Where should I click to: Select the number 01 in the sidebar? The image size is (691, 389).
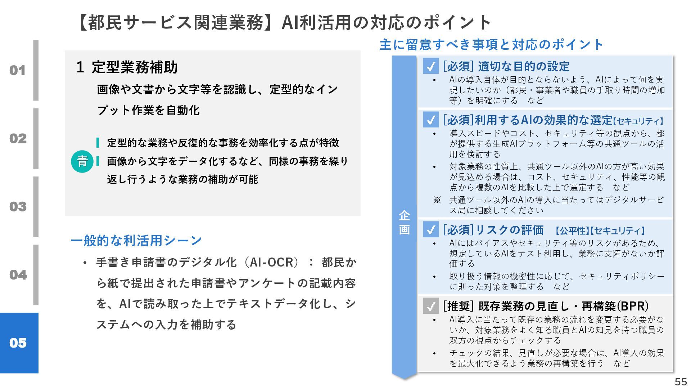18,70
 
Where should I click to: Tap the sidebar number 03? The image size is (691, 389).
18,206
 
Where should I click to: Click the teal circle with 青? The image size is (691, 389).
82,161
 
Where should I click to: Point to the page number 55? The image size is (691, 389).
681,381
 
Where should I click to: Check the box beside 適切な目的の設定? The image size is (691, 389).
431,66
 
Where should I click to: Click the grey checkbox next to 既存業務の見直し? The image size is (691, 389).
431,306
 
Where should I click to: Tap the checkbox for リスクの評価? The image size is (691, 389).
431,230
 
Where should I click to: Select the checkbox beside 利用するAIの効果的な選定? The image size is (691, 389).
431,120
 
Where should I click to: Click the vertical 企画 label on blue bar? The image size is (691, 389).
404,222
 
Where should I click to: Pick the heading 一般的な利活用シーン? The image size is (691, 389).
136,240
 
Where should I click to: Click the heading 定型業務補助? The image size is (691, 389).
135,67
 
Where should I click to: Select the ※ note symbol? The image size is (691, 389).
437,200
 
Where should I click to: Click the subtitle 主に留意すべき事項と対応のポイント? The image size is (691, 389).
491,45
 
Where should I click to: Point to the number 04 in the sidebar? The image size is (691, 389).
18,274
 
